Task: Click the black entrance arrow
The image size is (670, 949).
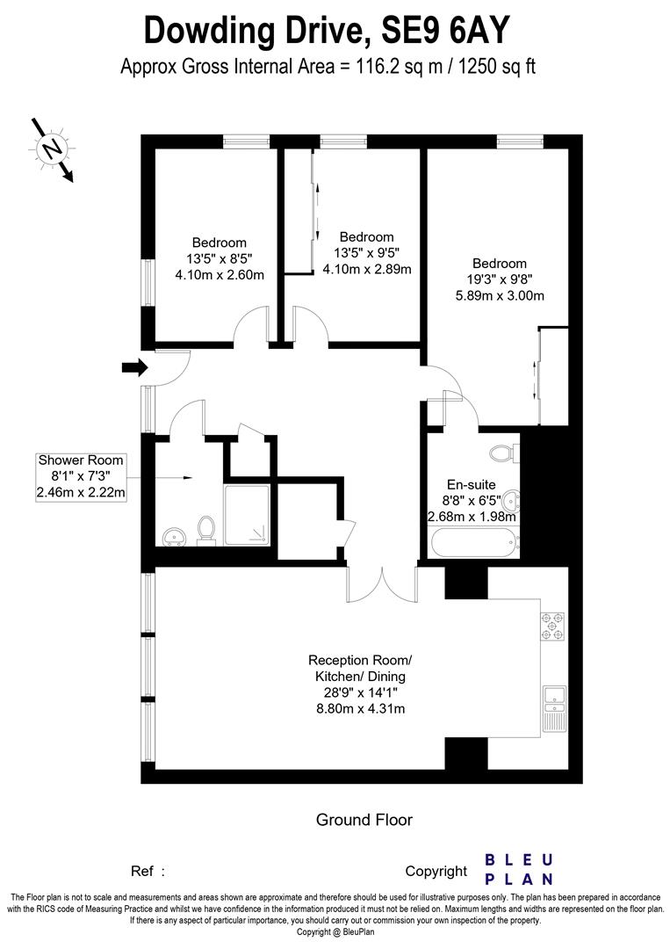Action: (133, 368)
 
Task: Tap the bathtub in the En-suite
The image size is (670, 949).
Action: (473, 540)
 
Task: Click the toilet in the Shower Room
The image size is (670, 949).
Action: (207, 531)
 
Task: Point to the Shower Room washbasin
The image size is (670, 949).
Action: (172, 535)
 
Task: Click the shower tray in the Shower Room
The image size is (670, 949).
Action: (248, 515)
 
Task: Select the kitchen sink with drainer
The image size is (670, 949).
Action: (555, 707)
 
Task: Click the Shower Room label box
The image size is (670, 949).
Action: (81, 477)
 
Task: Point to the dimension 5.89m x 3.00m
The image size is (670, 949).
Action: (499, 295)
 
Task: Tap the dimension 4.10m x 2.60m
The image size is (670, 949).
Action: (220, 274)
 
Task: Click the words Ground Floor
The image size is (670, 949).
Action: (364, 820)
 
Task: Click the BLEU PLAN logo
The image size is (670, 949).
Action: (520, 868)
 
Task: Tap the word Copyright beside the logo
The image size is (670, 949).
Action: (436, 871)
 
